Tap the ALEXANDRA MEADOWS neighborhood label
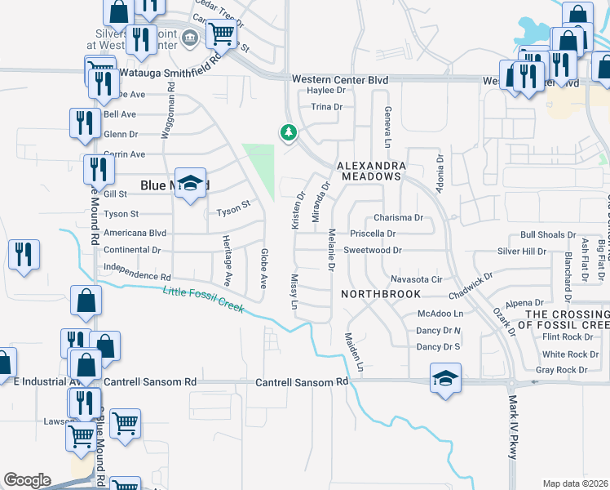click(371, 170)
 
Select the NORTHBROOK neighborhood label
click(381, 293)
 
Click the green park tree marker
click(287, 131)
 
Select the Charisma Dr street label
click(398, 218)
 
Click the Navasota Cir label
click(415, 279)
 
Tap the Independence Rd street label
click(137, 270)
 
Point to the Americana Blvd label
click(135, 233)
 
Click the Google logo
click(27, 480)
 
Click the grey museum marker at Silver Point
click(190, 37)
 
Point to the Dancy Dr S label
click(439, 347)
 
